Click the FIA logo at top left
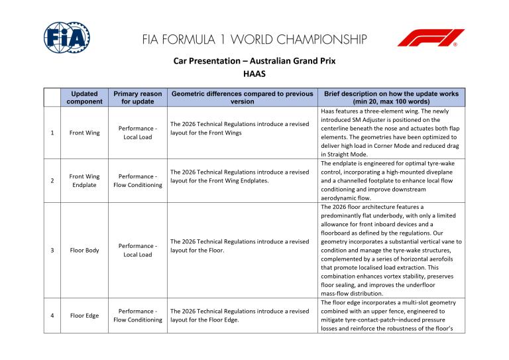click(x=66, y=38)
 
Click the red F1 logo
click(x=431, y=38)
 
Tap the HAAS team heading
click(x=254, y=74)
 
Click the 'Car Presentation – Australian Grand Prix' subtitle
click(x=254, y=61)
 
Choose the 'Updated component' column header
click(x=84, y=98)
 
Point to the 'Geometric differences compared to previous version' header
click(x=242, y=98)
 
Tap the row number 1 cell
click(x=52, y=133)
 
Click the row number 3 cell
click(x=52, y=251)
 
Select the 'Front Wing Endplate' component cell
click(x=84, y=181)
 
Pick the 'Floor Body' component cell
click(x=84, y=251)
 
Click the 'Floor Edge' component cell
click(x=84, y=316)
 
